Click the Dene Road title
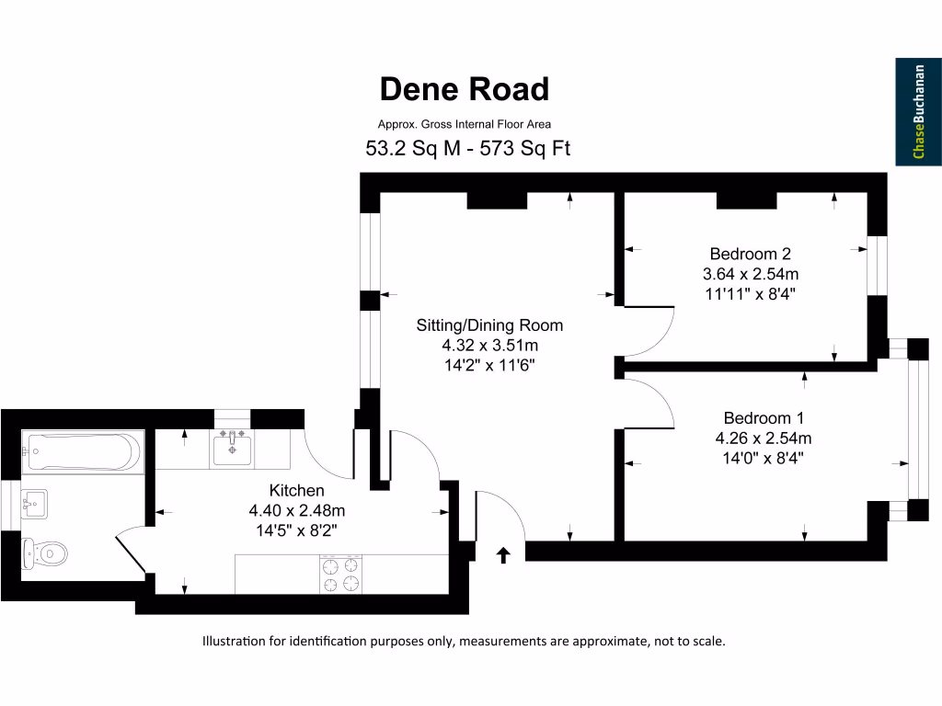[x=465, y=89]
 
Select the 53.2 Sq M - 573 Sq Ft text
[x=468, y=148]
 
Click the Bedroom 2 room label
[x=750, y=254]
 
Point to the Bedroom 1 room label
[x=763, y=417]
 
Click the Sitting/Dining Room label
[x=488, y=325]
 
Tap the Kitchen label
[x=296, y=491]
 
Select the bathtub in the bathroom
[x=82, y=451]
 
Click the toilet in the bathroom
[x=46, y=553]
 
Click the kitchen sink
[x=232, y=450]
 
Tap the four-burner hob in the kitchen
[x=340, y=575]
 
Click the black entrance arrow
[x=503, y=554]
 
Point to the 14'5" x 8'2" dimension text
[x=296, y=530]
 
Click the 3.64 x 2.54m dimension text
[x=750, y=274]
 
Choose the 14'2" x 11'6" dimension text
[x=488, y=366]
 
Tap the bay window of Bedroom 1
[x=913, y=429]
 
